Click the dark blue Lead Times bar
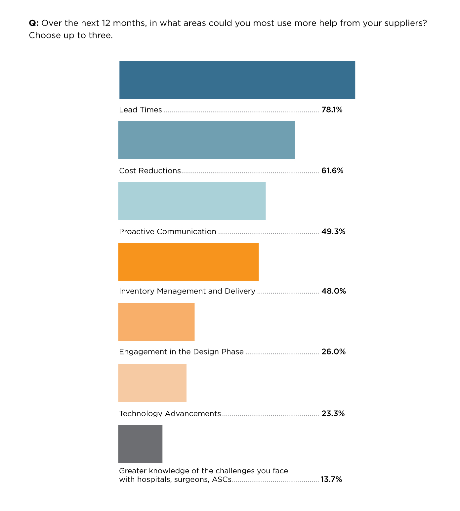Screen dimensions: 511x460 coord(237,80)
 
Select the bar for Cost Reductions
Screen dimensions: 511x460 coord(206,140)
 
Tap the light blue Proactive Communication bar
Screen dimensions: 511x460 coord(192,201)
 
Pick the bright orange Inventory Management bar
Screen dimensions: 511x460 coord(188,262)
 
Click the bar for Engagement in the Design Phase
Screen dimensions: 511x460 coord(156,322)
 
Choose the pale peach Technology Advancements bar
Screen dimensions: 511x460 coord(152,383)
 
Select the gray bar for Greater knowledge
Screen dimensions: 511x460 coord(140,444)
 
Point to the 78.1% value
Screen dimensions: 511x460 coord(332,110)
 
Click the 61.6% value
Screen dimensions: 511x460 coord(332,171)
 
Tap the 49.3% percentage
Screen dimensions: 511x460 coord(333,232)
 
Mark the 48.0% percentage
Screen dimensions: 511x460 coord(333,291)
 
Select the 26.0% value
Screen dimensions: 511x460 coord(333,352)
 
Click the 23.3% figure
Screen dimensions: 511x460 coord(333,414)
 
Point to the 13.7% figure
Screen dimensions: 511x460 coord(331,480)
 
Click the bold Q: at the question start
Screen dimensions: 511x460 coord(34,23)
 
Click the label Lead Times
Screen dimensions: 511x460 coord(141,110)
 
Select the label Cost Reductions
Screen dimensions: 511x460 coord(150,171)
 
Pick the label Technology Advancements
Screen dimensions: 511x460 coord(170,414)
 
